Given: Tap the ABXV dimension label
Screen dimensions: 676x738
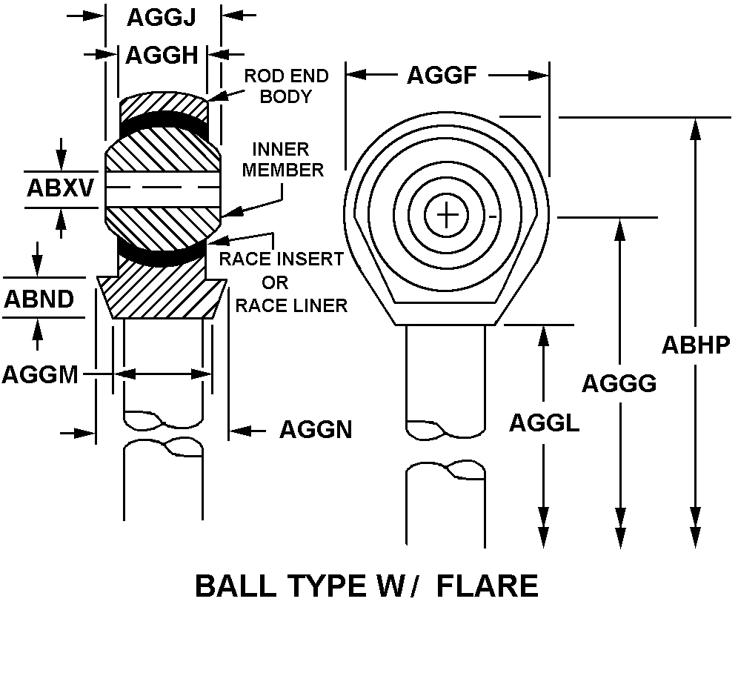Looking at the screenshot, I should click(61, 188).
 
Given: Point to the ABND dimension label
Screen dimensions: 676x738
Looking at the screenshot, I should click(39, 299).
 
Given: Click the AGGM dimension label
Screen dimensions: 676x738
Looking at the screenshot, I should click(40, 374).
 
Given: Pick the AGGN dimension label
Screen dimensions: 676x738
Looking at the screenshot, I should click(315, 429).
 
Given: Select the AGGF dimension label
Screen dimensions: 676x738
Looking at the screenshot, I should click(442, 75).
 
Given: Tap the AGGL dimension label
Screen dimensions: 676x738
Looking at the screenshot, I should click(544, 422).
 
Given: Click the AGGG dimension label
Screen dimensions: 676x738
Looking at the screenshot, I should click(619, 383).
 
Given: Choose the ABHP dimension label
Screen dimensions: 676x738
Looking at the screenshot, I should click(696, 345).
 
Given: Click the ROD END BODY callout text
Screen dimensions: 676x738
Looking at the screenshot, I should click(286, 86).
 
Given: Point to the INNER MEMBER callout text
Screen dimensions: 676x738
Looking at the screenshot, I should click(283, 159).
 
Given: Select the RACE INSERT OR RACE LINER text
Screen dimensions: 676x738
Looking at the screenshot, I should click(282, 282).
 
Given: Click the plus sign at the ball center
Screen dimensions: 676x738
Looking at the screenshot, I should click(447, 216).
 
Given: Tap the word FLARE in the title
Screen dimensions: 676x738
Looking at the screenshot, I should click(487, 586).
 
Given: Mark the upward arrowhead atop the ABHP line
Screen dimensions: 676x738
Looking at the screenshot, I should click(694, 127).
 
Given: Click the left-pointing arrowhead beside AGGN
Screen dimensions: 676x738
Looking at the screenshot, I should click(240, 430).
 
